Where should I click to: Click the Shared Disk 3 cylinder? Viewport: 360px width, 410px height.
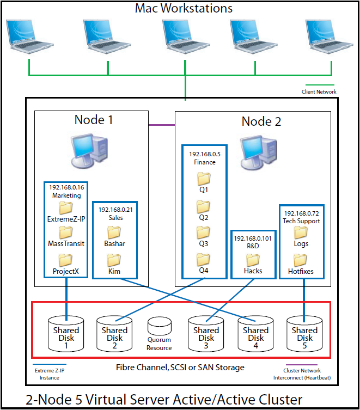click(x=206, y=333)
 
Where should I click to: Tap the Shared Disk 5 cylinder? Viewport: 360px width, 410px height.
click(x=304, y=333)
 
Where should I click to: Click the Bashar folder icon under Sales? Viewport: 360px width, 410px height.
click(x=115, y=232)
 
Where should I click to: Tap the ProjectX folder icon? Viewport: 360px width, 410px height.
click(x=66, y=259)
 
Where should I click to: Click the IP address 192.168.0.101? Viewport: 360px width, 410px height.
click(x=253, y=238)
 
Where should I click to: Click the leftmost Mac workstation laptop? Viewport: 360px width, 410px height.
click(x=28, y=36)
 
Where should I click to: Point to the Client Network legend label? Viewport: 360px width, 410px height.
click(x=319, y=92)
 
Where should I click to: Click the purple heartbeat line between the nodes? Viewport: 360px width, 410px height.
click(x=162, y=125)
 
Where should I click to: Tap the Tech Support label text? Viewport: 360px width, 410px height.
click(x=301, y=221)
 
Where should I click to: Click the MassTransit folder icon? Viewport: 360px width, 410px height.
click(x=66, y=233)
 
